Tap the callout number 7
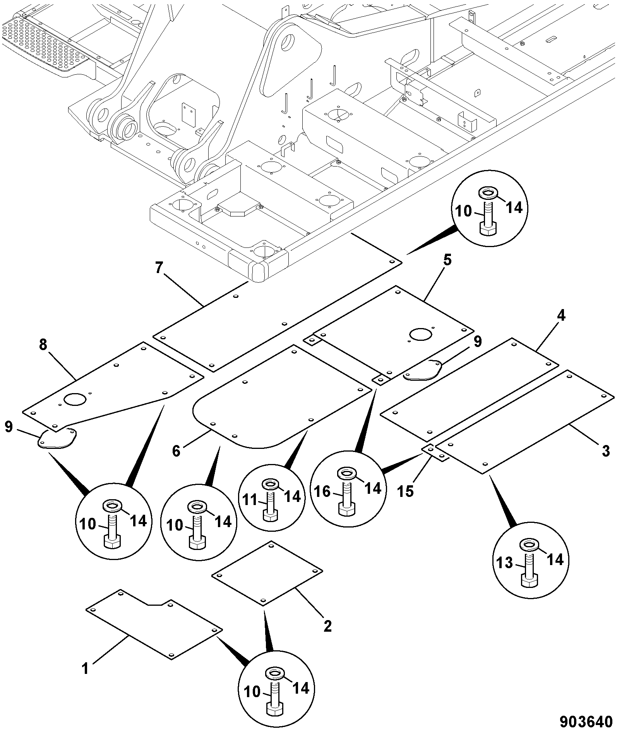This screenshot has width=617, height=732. (x=159, y=268)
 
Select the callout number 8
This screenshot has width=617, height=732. (x=43, y=345)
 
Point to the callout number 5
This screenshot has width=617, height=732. (x=447, y=260)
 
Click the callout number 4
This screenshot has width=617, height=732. (x=561, y=316)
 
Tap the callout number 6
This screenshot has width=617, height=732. (x=176, y=451)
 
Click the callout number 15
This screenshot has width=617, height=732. (x=405, y=491)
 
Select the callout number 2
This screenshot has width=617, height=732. (x=327, y=626)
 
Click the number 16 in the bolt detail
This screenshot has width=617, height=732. (x=322, y=492)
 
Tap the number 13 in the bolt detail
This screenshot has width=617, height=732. (x=505, y=563)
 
